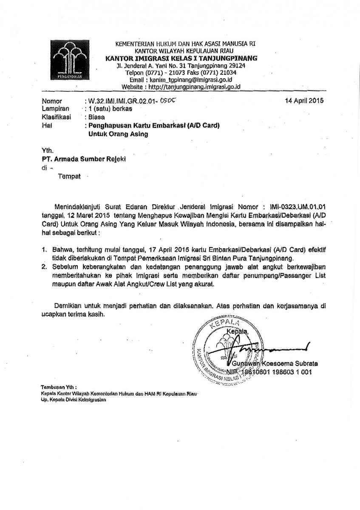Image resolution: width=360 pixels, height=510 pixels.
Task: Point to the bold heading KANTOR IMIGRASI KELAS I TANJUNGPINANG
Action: click(181, 58)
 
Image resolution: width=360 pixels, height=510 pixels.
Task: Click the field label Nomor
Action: click(52, 102)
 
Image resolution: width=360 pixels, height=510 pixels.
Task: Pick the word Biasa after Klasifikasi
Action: click(96, 116)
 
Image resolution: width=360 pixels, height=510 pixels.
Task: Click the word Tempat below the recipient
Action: click(69, 176)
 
